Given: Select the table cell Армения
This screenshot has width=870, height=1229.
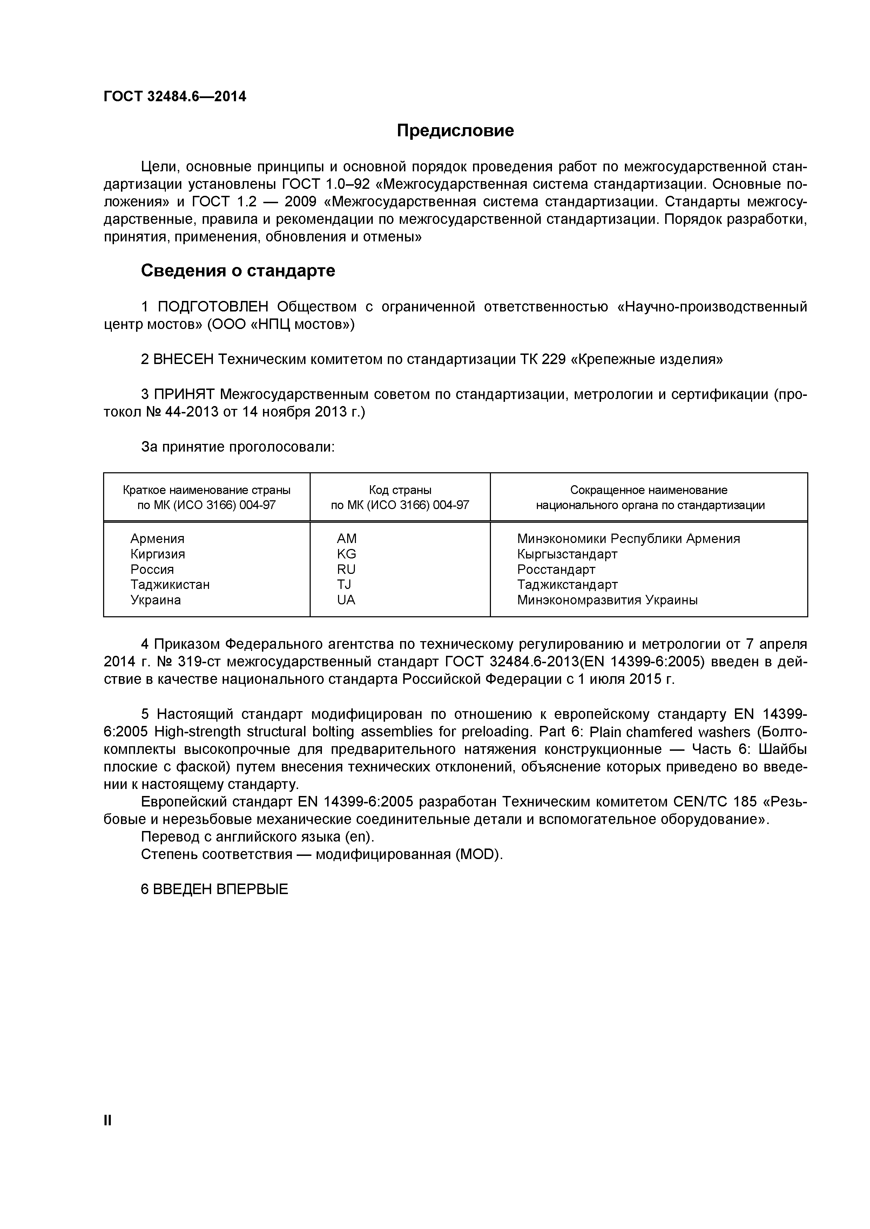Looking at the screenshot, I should [x=157, y=538].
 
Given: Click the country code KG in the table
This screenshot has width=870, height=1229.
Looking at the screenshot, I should [x=346, y=554].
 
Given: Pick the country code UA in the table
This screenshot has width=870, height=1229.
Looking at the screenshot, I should [x=346, y=600].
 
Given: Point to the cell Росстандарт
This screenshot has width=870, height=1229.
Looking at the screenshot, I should [x=556, y=570].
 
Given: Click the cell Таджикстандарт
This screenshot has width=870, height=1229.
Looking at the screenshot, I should [x=567, y=584].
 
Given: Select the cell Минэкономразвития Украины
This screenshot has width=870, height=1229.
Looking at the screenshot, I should [x=607, y=600].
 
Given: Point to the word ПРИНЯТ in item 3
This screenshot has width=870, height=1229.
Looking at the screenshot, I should [x=184, y=394].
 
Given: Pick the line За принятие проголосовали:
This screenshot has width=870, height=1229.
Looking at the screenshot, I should [x=237, y=447].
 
